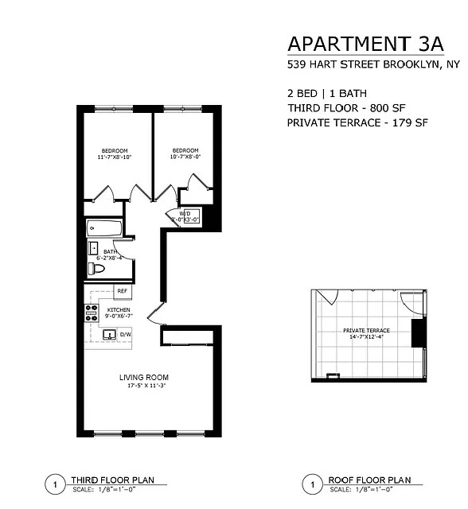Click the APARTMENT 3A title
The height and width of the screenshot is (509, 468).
(356, 43)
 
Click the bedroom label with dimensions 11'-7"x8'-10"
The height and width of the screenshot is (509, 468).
(114, 154)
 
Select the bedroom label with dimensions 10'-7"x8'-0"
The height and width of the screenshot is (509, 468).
(185, 153)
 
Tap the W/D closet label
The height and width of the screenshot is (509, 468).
(184, 216)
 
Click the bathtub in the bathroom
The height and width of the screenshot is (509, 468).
(103, 229)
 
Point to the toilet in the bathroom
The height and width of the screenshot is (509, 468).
(96, 269)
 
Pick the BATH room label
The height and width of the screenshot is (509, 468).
(110, 254)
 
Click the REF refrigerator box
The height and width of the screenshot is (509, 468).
(123, 292)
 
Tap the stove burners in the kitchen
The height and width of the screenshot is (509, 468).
(91, 313)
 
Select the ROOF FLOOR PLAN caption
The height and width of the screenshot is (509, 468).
(369, 480)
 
